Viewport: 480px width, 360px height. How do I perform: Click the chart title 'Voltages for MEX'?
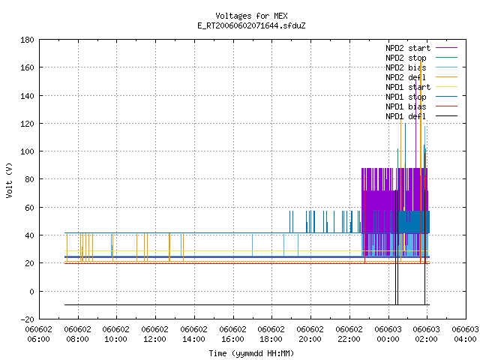pyautogui.click(x=251, y=16)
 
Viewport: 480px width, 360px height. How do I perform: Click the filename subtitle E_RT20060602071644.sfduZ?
pyautogui.click(x=251, y=25)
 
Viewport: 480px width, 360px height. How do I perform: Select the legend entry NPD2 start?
pyautogui.click(x=408, y=48)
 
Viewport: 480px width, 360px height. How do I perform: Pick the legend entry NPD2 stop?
pyautogui.click(x=406, y=58)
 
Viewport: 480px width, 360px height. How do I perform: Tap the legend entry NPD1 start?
pyautogui.click(x=408, y=87)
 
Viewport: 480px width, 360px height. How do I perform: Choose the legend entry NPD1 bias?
pyautogui.click(x=406, y=106)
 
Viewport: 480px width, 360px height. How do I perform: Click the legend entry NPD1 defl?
pyautogui.click(x=406, y=116)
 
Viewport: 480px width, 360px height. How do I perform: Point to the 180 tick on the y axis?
pyautogui.click(x=27, y=40)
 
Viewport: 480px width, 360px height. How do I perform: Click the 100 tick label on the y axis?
pyautogui.click(x=27, y=151)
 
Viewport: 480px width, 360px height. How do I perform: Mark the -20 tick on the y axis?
pyautogui.click(x=27, y=319)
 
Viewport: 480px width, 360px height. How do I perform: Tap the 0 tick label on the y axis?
pyautogui.click(x=31, y=292)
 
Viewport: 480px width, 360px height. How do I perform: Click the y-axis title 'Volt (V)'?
pyautogui.click(x=9, y=180)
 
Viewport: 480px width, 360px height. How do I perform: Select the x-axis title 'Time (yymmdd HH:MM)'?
pyautogui.click(x=251, y=353)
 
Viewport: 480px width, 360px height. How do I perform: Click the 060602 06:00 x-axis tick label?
pyautogui.click(x=38, y=334)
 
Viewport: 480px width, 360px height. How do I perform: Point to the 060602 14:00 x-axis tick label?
pyautogui.click(x=193, y=334)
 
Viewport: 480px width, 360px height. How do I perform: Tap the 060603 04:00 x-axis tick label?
pyautogui.click(x=465, y=334)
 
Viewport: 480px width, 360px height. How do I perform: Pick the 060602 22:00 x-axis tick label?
pyautogui.click(x=349, y=334)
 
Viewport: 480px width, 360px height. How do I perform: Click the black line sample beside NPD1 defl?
pyautogui.click(x=447, y=116)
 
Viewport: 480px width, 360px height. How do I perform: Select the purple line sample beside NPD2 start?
pyautogui.click(x=447, y=48)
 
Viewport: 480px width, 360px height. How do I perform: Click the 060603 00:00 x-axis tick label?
pyautogui.click(x=388, y=334)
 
